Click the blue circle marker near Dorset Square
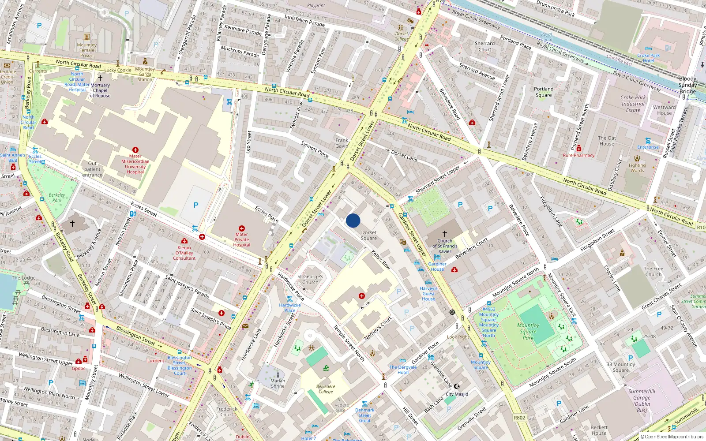tap(353, 220)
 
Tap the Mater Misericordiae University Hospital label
tap(135, 164)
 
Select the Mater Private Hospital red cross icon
tap(242, 228)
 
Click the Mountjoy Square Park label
tap(528, 332)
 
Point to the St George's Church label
tap(310, 280)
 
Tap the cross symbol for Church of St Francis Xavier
tap(445, 233)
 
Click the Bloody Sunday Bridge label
tap(687, 85)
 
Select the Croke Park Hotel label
tap(648, 58)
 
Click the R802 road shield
tap(519, 418)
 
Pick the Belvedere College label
tap(326, 389)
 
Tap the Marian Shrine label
tap(278, 383)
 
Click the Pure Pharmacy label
tap(578, 155)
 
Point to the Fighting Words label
tap(637, 168)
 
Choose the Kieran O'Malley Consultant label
tap(184, 253)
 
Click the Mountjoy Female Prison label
tap(87, 50)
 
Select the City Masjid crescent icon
tap(457, 386)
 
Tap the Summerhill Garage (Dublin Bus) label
tap(642, 400)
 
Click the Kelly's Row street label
tap(380, 260)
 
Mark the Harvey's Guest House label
tap(428, 294)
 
